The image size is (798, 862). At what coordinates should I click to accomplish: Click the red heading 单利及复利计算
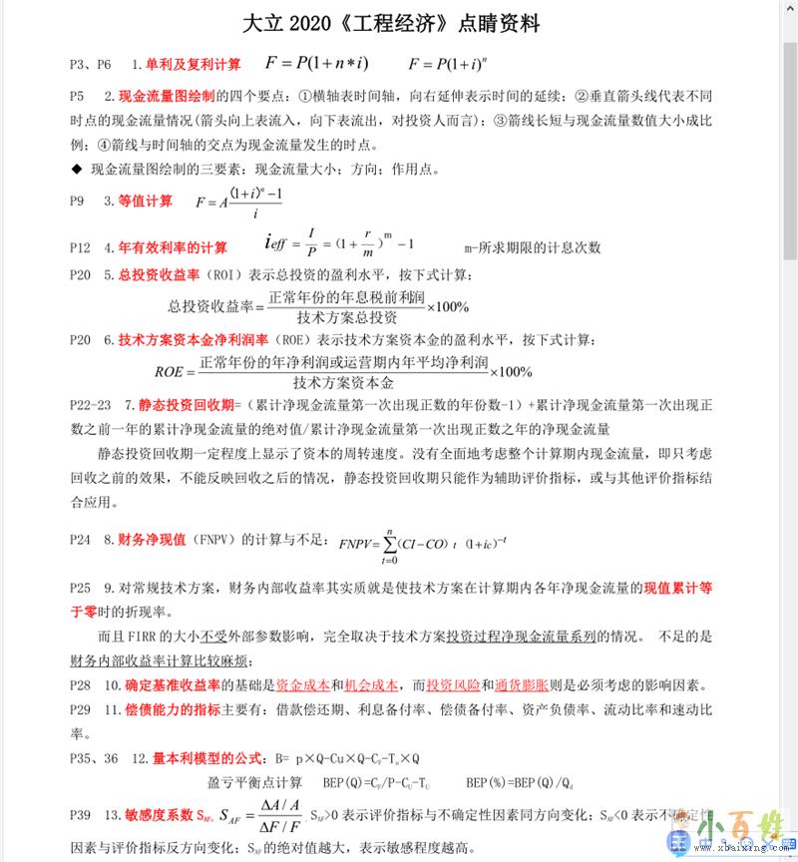(x=193, y=65)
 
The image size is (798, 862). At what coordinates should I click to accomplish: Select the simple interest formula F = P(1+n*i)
(x=316, y=64)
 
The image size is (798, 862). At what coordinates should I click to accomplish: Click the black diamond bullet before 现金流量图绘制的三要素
(x=76, y=169)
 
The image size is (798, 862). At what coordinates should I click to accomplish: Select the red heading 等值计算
(x=145, y=201)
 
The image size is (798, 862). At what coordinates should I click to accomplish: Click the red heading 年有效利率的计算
(x=173, y=246)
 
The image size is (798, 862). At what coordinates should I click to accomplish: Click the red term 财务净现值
(x=153, y=539)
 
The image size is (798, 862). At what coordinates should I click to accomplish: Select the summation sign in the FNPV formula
(x=391, y=545)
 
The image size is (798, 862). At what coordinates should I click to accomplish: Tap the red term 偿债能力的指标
(x=173, y=709)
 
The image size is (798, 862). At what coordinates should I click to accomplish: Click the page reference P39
(x=81, y=815)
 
